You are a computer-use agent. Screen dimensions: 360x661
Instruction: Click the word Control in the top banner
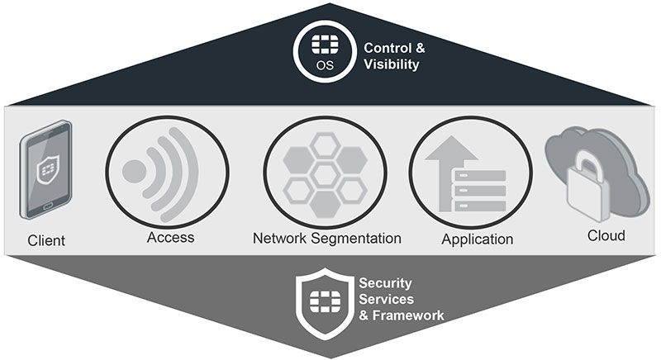[387, 47]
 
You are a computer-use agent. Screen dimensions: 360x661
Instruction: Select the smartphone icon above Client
[45, 169]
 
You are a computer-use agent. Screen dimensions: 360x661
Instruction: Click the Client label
[46, 241]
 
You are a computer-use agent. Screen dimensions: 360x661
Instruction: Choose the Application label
[477, 239]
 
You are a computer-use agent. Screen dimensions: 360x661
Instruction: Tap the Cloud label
[606, 236]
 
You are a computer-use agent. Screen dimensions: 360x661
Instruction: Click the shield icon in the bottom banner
[324, 302]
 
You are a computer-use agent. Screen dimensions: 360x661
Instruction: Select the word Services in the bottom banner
[382, 299]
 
